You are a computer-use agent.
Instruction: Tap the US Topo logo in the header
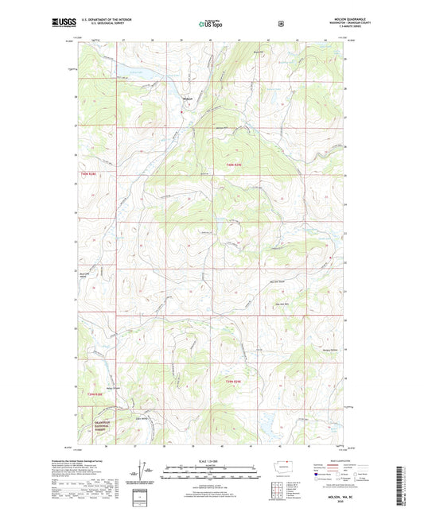[x=212, y=24]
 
